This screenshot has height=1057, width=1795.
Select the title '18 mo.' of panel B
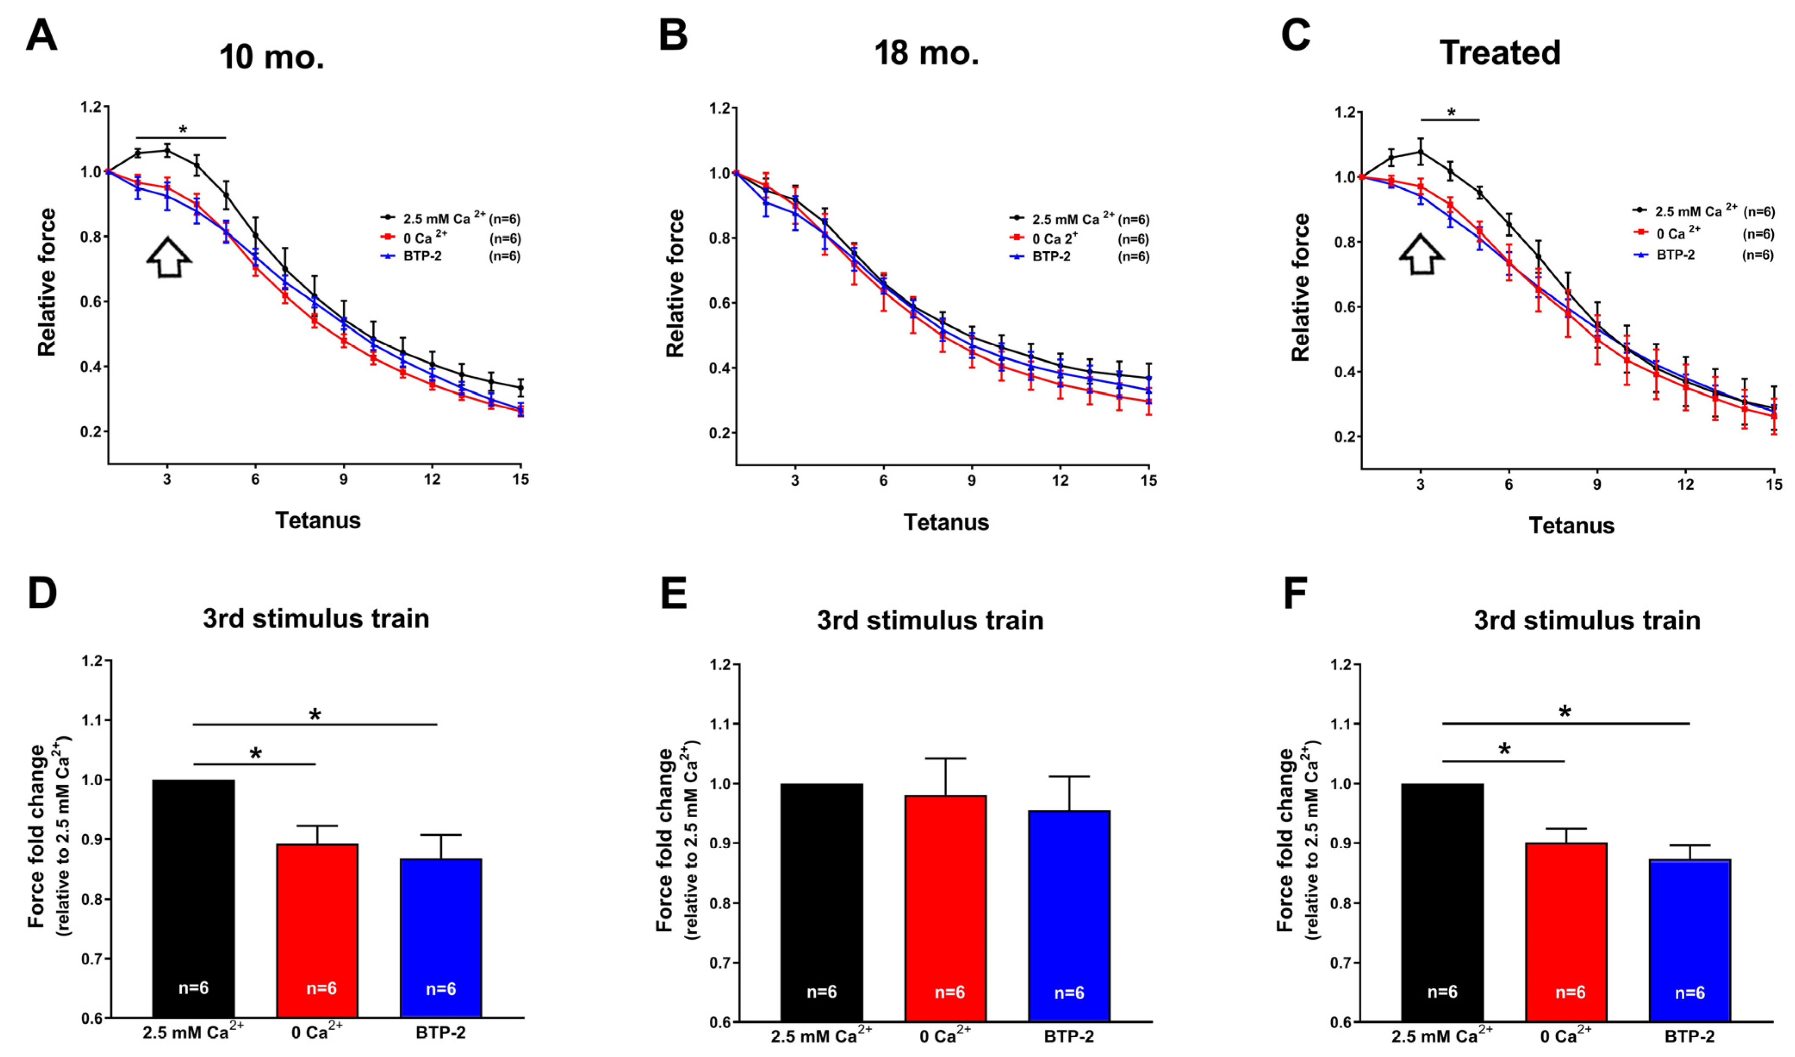926,53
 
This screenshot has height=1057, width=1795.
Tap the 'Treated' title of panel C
1500,53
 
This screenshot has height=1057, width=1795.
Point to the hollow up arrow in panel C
1421,254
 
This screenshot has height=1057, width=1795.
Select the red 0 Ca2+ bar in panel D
317,930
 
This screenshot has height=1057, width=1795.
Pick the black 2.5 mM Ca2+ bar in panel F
1442,901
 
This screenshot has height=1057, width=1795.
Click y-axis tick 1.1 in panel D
92,721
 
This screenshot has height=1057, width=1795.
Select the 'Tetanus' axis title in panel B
946,522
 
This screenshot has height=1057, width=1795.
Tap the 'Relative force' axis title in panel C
1301,287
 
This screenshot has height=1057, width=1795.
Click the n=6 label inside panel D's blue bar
441,989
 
